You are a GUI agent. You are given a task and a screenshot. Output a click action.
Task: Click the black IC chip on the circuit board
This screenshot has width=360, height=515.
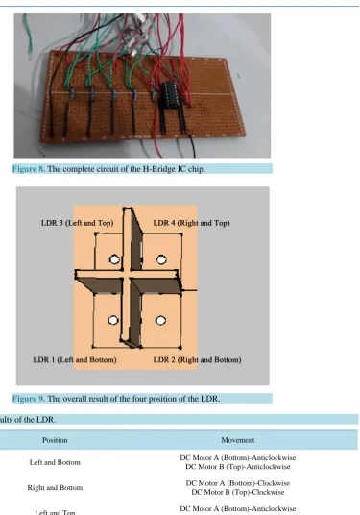pyautogui.click(x=170, y=94)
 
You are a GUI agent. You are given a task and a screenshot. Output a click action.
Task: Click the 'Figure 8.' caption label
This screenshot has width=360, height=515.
pyautogui.click(x=29, y=169)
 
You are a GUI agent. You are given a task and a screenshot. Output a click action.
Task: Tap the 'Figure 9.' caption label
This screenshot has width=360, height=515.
pyautogui.click(x=29, y=399)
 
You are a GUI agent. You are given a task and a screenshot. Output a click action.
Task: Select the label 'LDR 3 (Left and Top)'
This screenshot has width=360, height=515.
pyautogui.click(x=77, y=223)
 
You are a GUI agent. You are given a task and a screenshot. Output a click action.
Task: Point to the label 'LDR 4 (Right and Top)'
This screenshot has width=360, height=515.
pyautogui.click(x=191, y=223)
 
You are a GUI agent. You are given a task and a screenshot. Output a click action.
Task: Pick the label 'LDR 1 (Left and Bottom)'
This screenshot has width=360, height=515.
pyautogui.click(x=75, y=360)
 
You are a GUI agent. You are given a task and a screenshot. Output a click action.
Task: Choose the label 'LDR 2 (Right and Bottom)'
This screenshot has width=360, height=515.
pyautogui.click(x=197, y=360)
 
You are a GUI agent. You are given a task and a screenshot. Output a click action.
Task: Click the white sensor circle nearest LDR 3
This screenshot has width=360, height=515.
pyautogui.click(x=114, y=259)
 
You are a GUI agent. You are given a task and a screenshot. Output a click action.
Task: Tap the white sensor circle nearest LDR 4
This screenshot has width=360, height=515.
pyautogui.click(x=161, y=259)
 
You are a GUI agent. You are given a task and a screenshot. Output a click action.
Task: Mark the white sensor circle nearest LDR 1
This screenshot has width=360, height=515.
pyautogui.click(x=113, y=320)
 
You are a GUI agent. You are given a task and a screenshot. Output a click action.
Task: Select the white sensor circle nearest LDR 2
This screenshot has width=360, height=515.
pyautogui.click(x=160, y=320)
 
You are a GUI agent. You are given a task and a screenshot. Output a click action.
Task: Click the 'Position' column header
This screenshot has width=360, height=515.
pyautogui.click(x=55, y=440)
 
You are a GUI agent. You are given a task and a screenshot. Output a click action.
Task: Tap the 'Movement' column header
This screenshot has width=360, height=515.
pyautogui.click(x=237, y=440)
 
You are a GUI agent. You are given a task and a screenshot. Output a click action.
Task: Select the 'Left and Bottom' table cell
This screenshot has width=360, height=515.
pyautogui.click(x=55, y=462)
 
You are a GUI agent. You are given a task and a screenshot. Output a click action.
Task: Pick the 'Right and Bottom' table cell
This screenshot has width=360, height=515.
pyautogui.click(x=55, y=488)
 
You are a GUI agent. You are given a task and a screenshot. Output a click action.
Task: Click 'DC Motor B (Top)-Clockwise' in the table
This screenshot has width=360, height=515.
pyautogui.click(x=238, y=492)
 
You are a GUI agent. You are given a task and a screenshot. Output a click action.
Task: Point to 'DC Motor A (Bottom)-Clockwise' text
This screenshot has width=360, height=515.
pyautogui.click(x=238, y=483)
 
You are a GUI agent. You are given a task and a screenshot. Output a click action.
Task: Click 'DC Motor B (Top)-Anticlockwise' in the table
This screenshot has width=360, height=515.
pyautogui.click(x=238, y=467)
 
